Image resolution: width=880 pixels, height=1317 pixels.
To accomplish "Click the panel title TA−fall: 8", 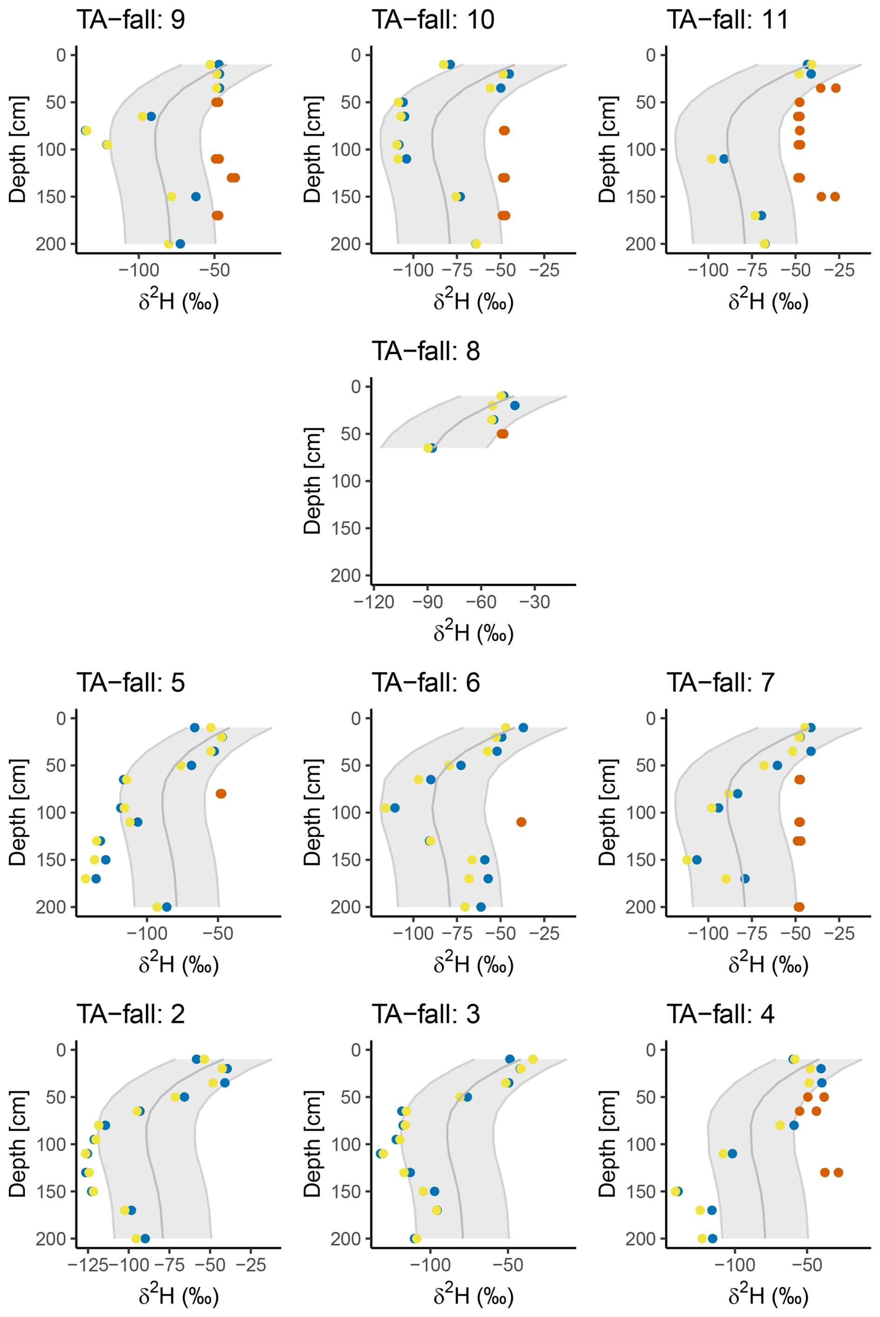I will pyautogui.click(x=426, y=351).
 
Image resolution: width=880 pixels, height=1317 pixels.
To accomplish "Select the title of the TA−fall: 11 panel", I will pyautogui.click(x=727, y=20).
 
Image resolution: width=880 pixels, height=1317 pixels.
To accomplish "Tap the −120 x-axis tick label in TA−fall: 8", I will pyautogui.click(x=374, y=602).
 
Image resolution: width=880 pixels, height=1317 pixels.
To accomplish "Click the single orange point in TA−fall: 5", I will pyautogui.click(x=220, y=794).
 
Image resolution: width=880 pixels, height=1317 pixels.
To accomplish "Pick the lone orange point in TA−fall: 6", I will pyautogui.click(x=521, y=822).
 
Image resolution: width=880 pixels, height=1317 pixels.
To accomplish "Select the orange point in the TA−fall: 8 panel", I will pyautogui.click(x=502, y=434).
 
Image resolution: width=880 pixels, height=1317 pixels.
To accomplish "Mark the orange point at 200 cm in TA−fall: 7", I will pyautogui.click(x=799, y=907).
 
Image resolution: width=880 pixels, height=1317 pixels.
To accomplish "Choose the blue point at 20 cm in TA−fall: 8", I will pyautogui.click(x=514, y=405).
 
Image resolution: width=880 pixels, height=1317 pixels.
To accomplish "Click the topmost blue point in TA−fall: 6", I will pyautogui.click(x=523, y=728).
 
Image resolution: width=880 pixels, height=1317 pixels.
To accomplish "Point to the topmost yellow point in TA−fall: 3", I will pyautogui.click(x=533, y=1059).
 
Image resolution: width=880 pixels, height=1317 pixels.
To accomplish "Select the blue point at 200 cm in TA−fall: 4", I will pyautogui.click(x=712, y=1238).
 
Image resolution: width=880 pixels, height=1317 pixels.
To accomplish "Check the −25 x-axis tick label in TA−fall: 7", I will pyautogui.click(x=840, y=933).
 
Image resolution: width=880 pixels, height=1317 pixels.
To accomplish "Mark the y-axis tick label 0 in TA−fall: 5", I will pyautogui.click(x=60, y=718).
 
